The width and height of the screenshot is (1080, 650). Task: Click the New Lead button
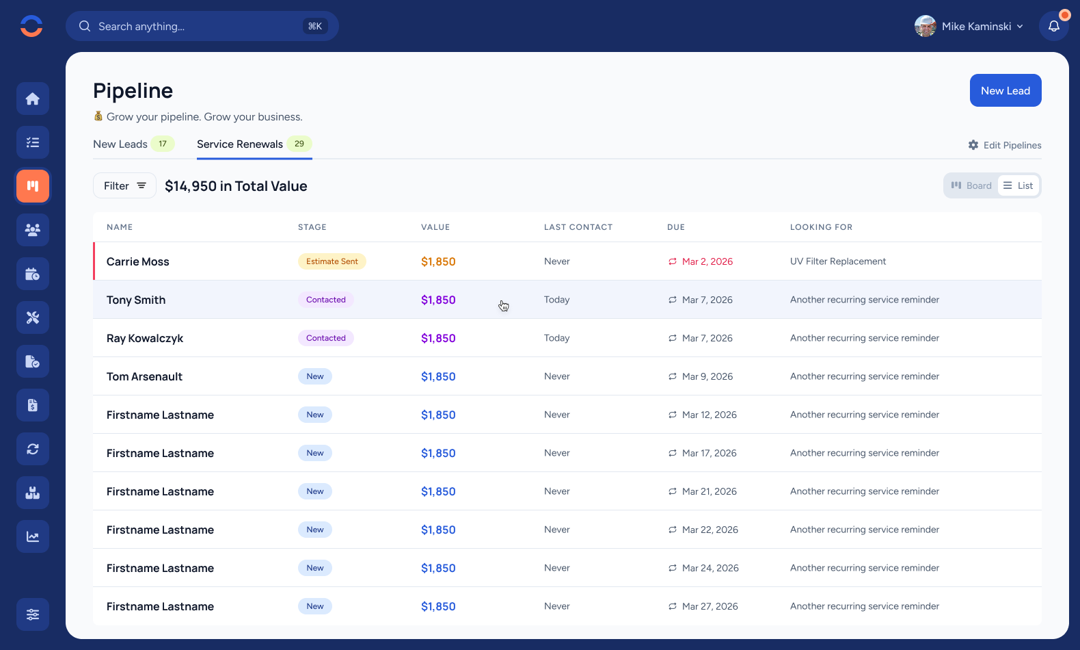click(1005, 90)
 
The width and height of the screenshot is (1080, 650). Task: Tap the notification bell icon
click(1053, 26)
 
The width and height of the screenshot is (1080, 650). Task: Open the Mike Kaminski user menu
click(969, 26)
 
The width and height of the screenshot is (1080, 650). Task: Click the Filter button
click(124, 185)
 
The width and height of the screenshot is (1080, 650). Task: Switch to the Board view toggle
click(971, 185)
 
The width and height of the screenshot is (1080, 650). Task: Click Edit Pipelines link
click(1005, 145)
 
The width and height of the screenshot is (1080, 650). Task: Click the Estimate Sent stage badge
click(332, 261)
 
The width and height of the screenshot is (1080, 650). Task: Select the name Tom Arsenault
click(144, 376)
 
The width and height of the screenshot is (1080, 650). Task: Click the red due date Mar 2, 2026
click(707, 261)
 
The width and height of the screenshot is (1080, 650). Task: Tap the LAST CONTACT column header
click(578, 227)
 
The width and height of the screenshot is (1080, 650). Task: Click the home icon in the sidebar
click(33, 99)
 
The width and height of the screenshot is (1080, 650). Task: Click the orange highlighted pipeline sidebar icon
click(33, 186)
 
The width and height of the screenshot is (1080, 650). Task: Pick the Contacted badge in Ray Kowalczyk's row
click(325, 338)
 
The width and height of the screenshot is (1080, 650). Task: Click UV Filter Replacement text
click(837, 261)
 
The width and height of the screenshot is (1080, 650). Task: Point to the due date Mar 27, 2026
click(710, 606)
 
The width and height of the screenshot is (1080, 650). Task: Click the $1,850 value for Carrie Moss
click(437, 261)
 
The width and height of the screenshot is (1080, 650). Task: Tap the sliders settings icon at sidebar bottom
click(33, 614)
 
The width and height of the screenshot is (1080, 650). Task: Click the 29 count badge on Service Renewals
click(299, 144)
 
